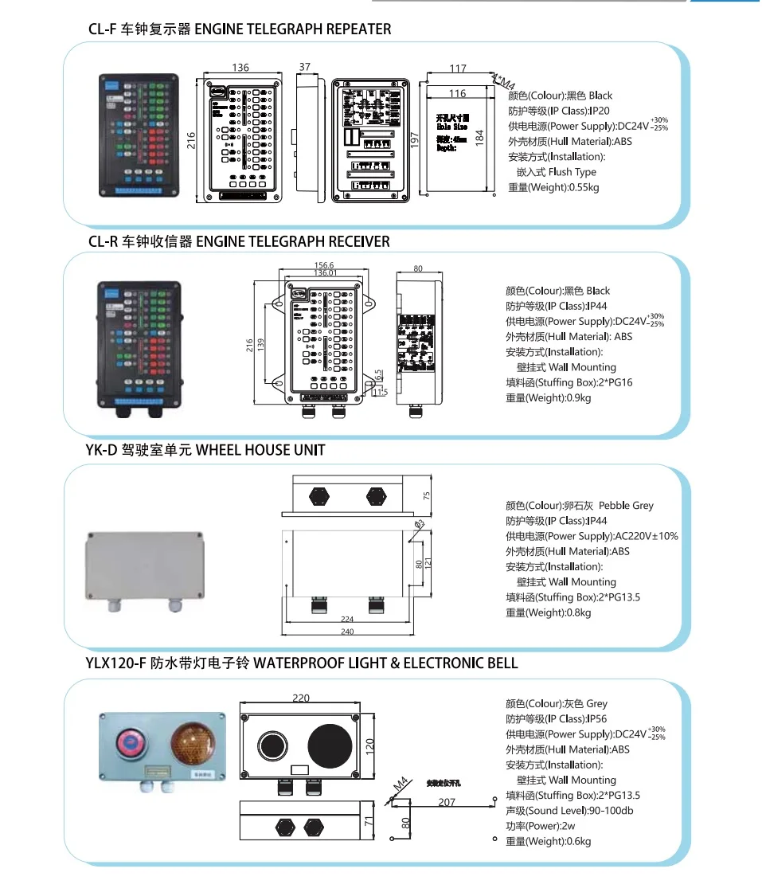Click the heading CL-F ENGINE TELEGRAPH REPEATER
tap(239, 29)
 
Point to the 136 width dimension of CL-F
tap(240, 68)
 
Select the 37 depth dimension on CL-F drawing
tap(305, 68)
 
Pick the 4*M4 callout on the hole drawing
tap(504, 80)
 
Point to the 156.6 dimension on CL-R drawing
tap(324, 265)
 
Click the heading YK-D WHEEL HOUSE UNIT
tap(205, 450)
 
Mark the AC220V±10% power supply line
tap(592, 536)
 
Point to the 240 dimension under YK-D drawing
tap(346, 632)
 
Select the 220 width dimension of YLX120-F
tap(300, 698)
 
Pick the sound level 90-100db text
tap(569, 811)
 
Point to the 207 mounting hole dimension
tap(447, 802)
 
